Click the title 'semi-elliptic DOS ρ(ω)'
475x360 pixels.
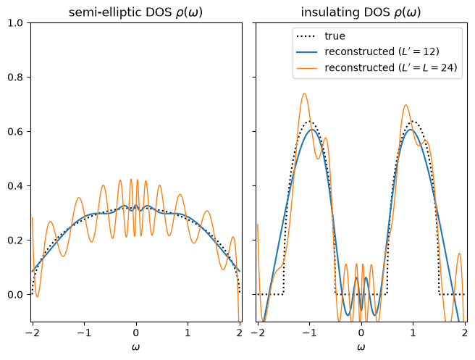pyautogui.click(x=135, y=12)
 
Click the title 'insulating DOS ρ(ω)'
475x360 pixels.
pyautogui.click(x=361, y=12)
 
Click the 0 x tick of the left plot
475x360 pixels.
pyautogui.click(x=136, y=332)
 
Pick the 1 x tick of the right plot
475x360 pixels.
pyautogui.click(x=413, y=332)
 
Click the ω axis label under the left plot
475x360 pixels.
pyautogui.click(x=135, y=347)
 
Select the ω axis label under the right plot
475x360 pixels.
pyautogui.click(x=361, y=347)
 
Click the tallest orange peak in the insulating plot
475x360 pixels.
pyautogui.click(x=304, y=93)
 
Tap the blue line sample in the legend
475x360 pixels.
pyautogui.click(x=306, y=52)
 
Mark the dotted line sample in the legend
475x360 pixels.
pyautogui.click(x=306, y=36)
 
